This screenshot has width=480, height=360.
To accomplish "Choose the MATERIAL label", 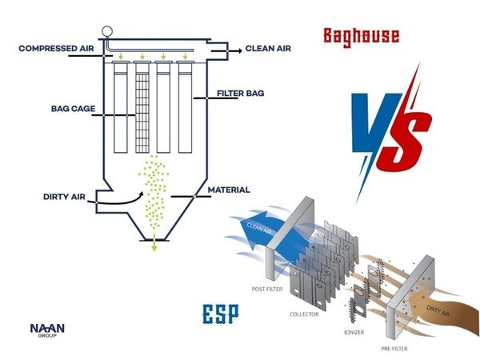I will [229, 190].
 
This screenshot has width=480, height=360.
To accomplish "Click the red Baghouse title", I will [361, 35].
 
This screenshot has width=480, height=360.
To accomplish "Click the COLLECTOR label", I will [305, 314].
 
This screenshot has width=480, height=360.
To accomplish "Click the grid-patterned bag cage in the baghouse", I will [143, 111].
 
